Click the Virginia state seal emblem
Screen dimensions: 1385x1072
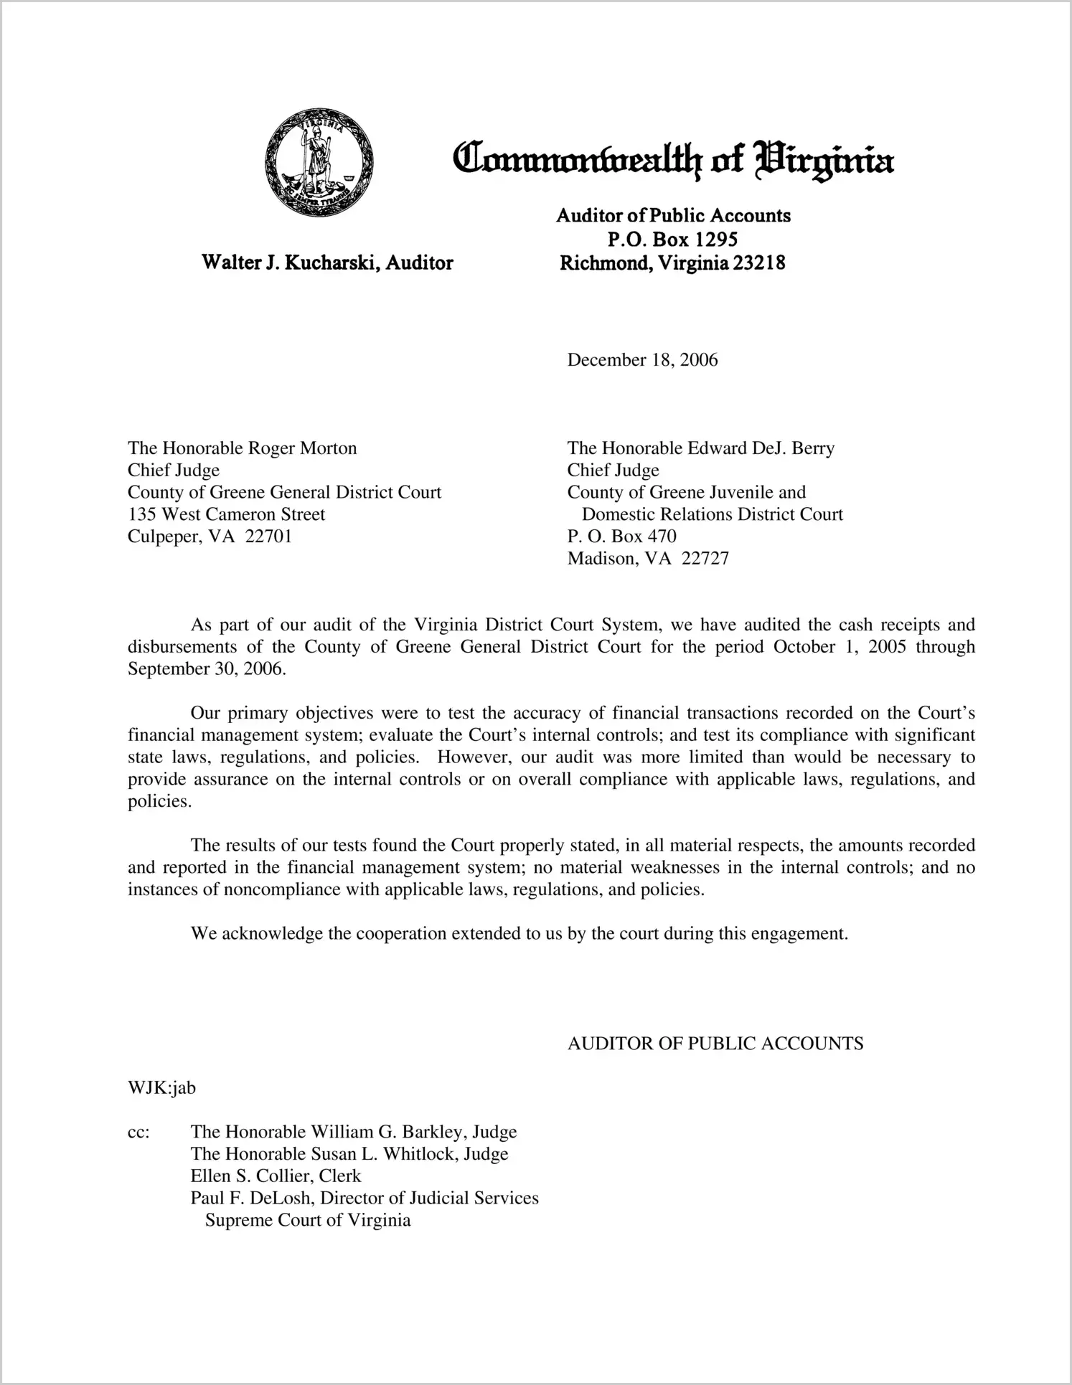pos(319,163)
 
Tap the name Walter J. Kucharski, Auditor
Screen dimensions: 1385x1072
pos(327,263)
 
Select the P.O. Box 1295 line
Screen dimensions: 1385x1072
pos(672,239)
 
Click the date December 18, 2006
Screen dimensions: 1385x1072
pos(642,360)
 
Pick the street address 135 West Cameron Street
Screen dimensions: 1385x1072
pos(226,514)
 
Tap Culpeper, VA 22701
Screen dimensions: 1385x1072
pos(210,536)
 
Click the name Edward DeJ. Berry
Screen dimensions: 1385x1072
pos(761,448)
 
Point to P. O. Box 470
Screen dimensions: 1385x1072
pos(621,536)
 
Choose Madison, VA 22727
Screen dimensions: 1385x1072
pos(648,559)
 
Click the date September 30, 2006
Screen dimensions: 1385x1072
pos(206,669)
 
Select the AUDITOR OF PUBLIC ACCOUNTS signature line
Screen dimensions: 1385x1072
pos(715,1044)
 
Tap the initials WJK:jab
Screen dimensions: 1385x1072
pos(161,1088)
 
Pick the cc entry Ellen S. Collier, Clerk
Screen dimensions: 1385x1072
pos(276,1176)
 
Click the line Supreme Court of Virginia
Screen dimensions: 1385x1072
pos(308,1221)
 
